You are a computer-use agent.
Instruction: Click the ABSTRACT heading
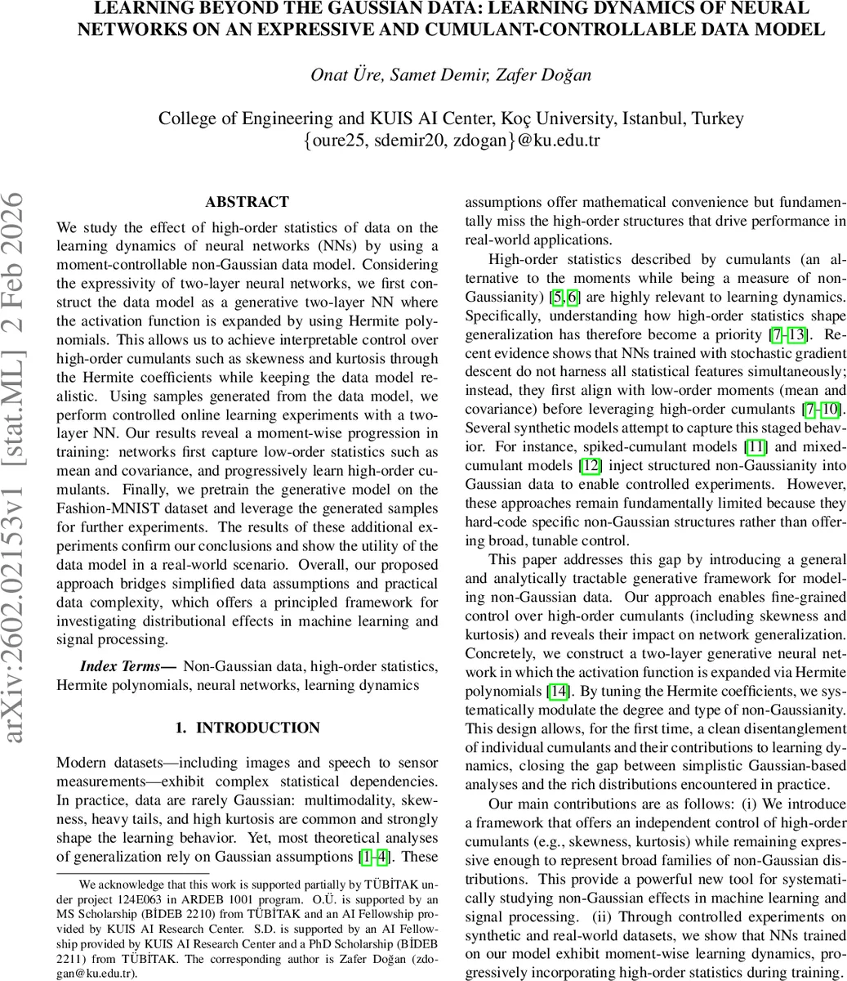247,202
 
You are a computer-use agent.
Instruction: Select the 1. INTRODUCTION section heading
247,728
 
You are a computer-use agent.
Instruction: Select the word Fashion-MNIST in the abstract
99,508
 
